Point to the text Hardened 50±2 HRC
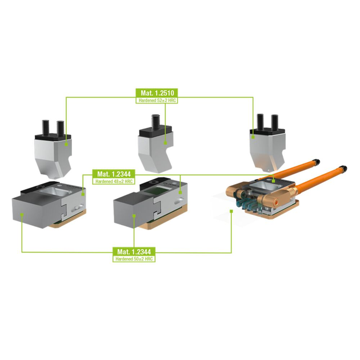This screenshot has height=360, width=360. point(134,259)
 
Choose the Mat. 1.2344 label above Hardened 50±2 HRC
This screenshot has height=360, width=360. point(134,251)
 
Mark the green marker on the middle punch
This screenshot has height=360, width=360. point(166,143)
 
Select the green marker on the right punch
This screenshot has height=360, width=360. point(253,137)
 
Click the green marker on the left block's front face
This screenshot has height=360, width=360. point(21,214)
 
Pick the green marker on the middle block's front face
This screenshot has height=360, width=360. point(134,215)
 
